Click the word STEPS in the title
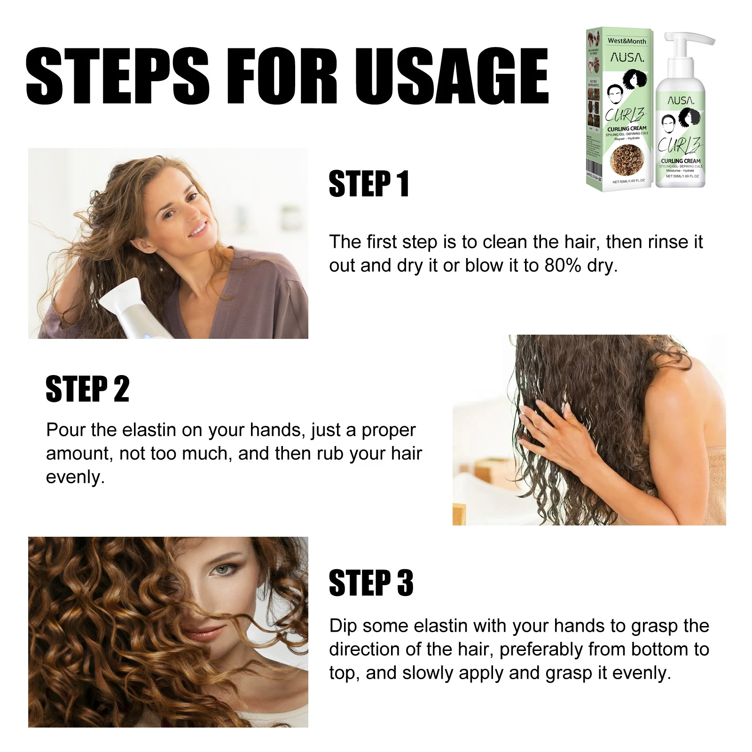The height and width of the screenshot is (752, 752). (117, 76)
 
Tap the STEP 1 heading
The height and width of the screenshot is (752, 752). (369, 184)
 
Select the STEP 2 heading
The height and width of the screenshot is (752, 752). (87, 389)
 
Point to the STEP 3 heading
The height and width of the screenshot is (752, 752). (371, 583)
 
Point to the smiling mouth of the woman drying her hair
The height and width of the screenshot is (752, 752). (198, 230)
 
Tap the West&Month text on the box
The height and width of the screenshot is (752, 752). (627, 41)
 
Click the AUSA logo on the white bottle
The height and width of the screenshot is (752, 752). (681, 101)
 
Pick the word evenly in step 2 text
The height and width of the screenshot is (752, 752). (74, 478)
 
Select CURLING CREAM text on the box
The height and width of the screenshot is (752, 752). (627, 128)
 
